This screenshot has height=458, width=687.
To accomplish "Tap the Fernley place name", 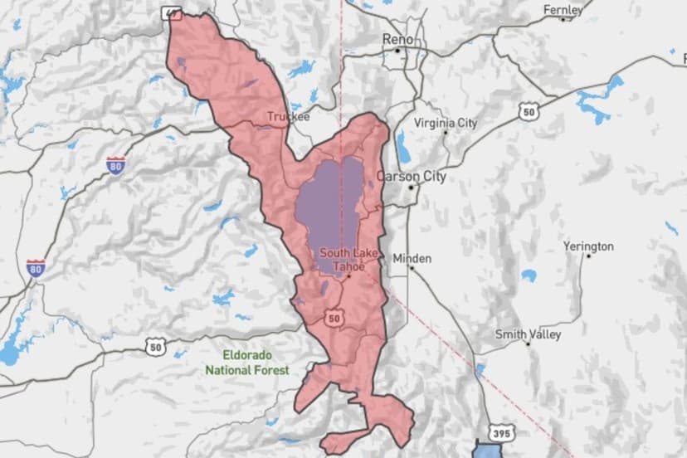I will (563, 10).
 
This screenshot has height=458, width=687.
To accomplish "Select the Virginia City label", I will (446, 123).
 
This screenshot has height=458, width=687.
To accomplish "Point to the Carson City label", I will (412, 176).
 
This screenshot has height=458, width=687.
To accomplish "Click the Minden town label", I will (412, 258).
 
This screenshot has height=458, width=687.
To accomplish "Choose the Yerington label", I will (588, 246).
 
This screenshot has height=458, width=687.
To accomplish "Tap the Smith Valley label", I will (528, 334).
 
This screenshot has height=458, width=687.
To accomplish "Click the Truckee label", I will (288, 117).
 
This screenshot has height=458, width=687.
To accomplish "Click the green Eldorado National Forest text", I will (248, 362).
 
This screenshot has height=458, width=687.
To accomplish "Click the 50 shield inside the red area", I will (334, 317).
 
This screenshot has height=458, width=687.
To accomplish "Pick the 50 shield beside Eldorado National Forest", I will (155, 346).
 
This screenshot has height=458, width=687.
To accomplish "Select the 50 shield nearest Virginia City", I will (529, 111).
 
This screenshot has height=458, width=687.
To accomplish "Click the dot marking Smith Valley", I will (528, 343).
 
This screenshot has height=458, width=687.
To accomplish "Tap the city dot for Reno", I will (398, 51).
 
